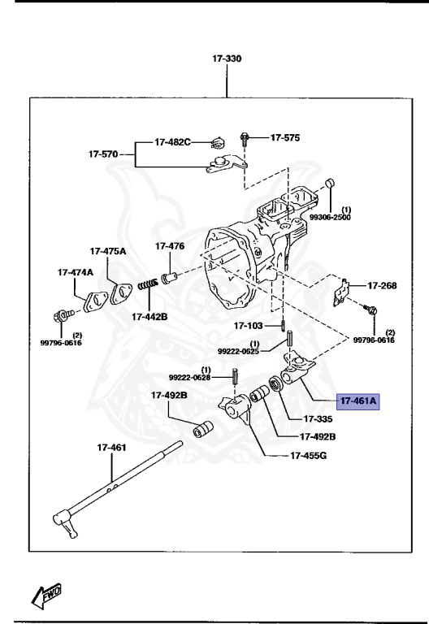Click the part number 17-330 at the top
(x=227, y=59)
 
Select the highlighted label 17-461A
(x=359, y=401)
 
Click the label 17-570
(x=104, y=152)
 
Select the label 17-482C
(x=172, y=142)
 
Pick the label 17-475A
(x=108, y=251)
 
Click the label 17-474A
(x=75, y=272)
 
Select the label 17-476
(x=170, y=245)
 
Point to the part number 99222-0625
(x=237, y=350)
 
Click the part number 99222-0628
(x=190, y=378)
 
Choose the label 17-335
(x=318, y=419)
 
